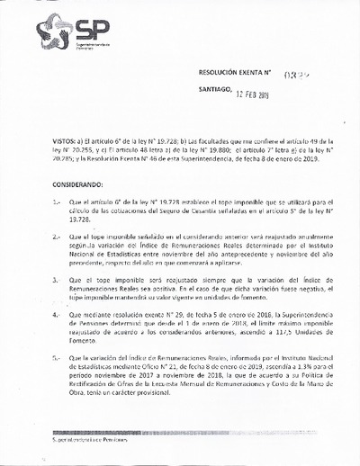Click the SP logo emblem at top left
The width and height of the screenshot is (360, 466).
(x=53, y=34)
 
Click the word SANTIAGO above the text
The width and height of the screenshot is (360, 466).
(x=214, y=90)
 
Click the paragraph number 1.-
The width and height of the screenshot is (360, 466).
(x=58, y=204)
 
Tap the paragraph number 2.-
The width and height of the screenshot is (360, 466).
(x=58, y=237)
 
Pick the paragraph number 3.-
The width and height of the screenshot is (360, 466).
(x=58, y=280)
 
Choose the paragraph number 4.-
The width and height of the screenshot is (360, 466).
(x=58, y=314)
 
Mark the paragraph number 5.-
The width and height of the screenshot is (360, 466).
(x=58, y=356)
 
